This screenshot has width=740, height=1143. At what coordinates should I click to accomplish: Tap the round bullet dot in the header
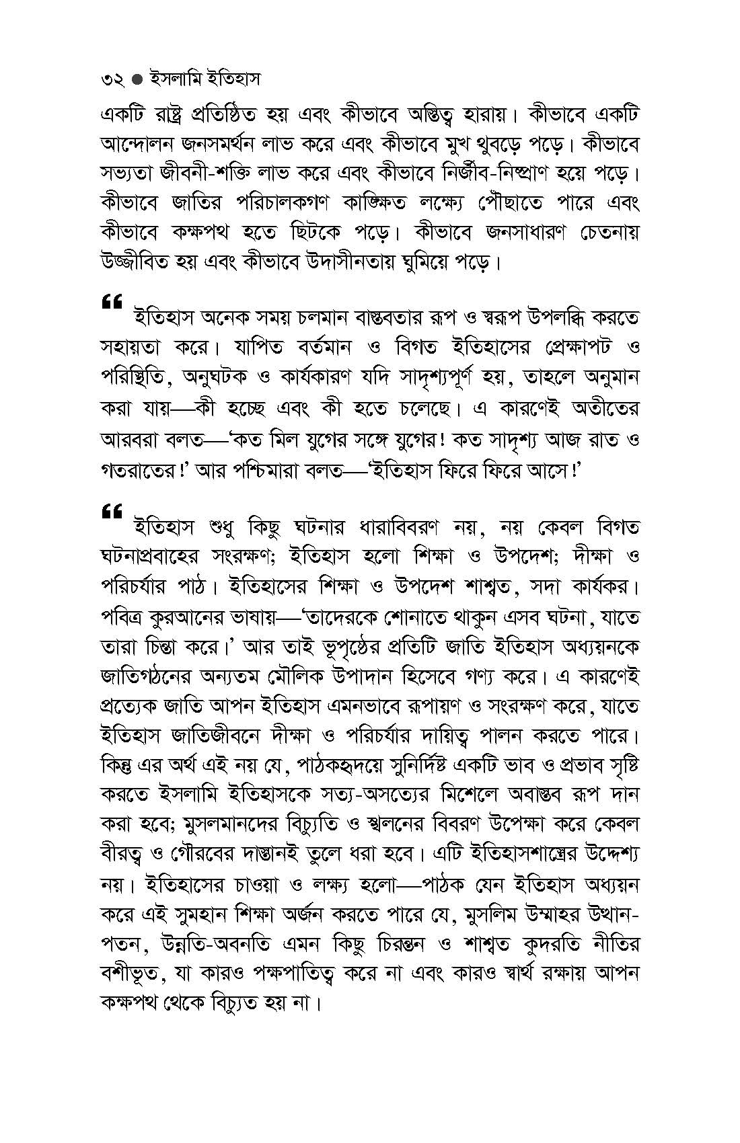137,80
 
